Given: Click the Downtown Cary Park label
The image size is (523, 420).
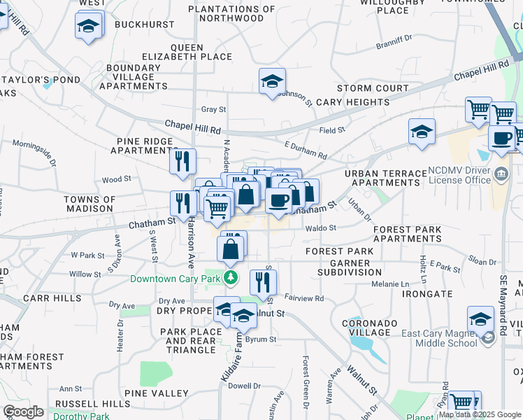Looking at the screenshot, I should pos(175,279).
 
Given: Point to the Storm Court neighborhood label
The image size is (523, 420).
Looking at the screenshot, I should pos(373,88).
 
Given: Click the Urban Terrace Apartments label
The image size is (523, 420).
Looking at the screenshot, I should pos(387,178).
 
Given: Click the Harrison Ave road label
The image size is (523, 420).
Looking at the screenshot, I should pos(190,251).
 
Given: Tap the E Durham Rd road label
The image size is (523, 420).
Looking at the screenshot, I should pos(306,149).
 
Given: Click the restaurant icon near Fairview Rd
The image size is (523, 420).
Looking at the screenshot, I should pos(263,281).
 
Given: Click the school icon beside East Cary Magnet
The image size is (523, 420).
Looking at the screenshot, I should pos(481,320).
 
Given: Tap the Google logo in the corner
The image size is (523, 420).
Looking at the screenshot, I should pos(23,412).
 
